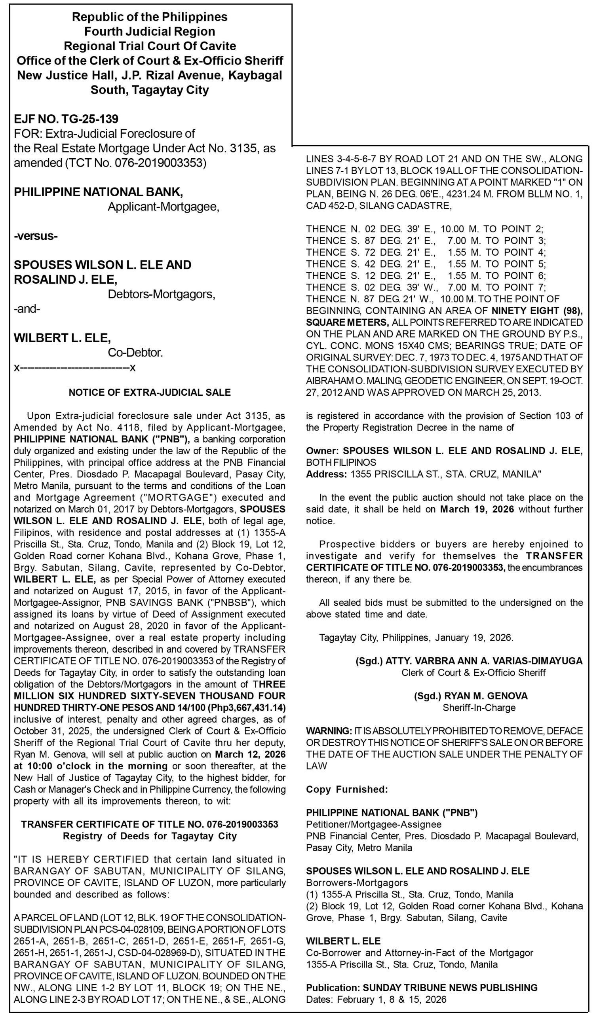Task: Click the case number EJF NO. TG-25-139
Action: [66, 119]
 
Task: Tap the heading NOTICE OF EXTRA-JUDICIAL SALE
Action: [150, 393]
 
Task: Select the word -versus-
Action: [36, 235]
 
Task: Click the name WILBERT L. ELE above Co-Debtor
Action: [62, 338]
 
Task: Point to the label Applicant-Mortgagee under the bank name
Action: [164, 207]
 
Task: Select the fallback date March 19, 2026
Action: [477, 509]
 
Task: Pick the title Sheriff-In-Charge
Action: [479, 708]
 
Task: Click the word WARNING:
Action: [329, 731]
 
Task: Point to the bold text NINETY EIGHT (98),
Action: [537, 311]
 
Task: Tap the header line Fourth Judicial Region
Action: [149, 32]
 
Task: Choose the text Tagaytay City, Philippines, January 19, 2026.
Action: [416, 637]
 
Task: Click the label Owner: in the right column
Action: [323, 451]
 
